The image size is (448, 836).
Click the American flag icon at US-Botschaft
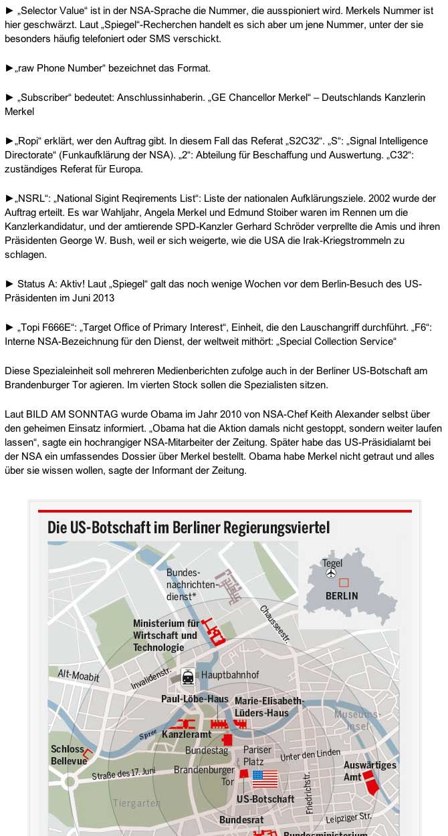coord(265,779)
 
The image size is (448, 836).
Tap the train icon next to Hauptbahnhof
coord(188,676)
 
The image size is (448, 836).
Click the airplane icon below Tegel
coord(331,574)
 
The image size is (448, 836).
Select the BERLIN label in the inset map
coord(342,595)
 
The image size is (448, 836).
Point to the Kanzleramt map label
coord(187,734)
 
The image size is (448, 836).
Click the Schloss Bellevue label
coord(68,755)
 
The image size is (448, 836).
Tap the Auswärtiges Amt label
coord(370,771)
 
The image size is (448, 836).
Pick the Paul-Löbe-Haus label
coord(195,698)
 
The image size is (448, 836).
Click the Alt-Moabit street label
coord(78,676)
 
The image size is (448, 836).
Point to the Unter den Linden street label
coord(310,755)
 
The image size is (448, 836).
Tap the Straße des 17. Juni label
coord(124,774)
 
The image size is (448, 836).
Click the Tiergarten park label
coord(136,803)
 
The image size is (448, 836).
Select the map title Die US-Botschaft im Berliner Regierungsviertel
coord(189,527)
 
